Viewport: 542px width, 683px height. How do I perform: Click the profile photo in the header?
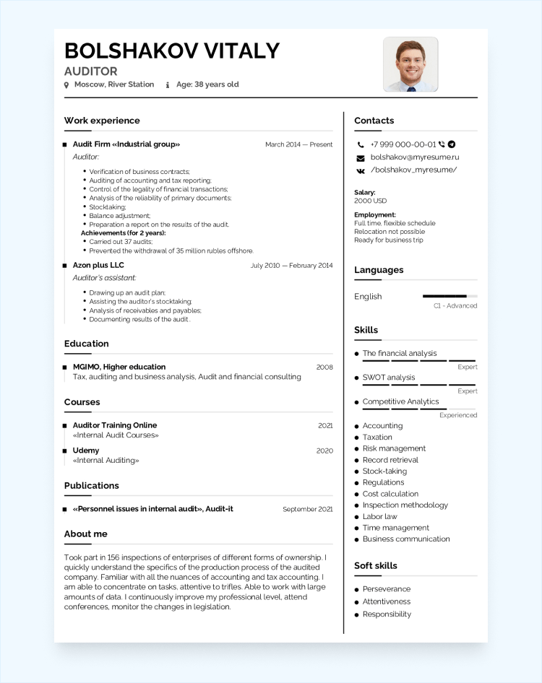410,65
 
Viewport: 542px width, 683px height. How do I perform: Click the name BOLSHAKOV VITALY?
171,51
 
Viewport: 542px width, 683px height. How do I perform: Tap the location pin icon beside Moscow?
66,85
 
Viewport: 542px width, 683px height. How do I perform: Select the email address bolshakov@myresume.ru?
415,157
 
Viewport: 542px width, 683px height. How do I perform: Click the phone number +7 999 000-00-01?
403,144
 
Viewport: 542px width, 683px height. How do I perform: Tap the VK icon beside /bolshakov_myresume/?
361,170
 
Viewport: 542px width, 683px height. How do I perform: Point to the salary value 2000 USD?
370,201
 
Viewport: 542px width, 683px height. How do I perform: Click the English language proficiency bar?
449,296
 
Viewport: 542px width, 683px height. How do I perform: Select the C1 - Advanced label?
455,306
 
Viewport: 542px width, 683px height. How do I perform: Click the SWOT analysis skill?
389,378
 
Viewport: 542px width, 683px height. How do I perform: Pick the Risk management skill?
394,448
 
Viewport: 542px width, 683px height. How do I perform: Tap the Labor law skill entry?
379,516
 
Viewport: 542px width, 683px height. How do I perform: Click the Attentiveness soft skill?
386,601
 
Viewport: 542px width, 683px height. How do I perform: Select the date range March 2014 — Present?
298,144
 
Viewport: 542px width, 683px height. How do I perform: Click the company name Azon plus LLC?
98,265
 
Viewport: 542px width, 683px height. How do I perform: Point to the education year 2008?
324,367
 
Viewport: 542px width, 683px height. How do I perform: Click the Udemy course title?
86,451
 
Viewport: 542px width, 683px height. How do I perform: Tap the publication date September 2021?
307,509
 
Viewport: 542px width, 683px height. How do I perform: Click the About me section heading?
85,534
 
